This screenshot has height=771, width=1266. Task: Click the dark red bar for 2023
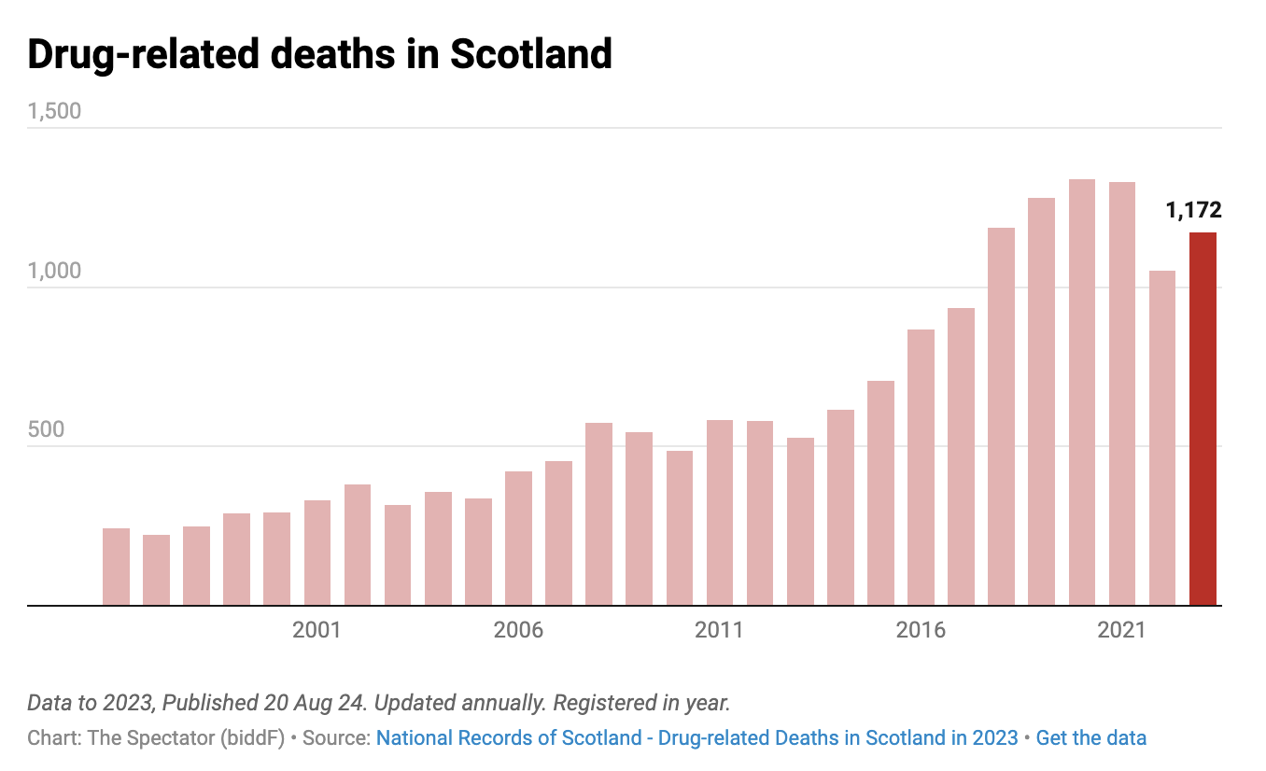tap(1203, 419)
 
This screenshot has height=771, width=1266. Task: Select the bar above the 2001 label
tap(317, 553)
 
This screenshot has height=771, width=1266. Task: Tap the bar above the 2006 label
tap(518, 539)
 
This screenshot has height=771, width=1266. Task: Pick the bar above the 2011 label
tap(720, 512)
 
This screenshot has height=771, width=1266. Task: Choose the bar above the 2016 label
tap(921, 467)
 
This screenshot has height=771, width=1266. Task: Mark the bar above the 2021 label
tap(1122, 393)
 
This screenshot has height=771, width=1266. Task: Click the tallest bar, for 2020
tap(1082, 392)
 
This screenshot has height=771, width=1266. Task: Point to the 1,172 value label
tap(1193, 210)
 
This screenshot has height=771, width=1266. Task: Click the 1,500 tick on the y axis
tap(54, 112)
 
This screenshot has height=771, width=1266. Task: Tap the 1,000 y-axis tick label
tap(54, 272)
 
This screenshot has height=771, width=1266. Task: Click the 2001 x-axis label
tap(317, 631)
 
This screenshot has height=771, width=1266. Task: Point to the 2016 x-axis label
tap(921, 631)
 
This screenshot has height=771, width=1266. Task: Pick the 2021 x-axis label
tap(1122, 631)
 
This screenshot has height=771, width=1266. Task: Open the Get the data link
tap(1091, 738)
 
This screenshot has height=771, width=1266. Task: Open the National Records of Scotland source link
tap(696, 738)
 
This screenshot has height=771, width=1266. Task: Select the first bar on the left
tap(116, 567)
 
